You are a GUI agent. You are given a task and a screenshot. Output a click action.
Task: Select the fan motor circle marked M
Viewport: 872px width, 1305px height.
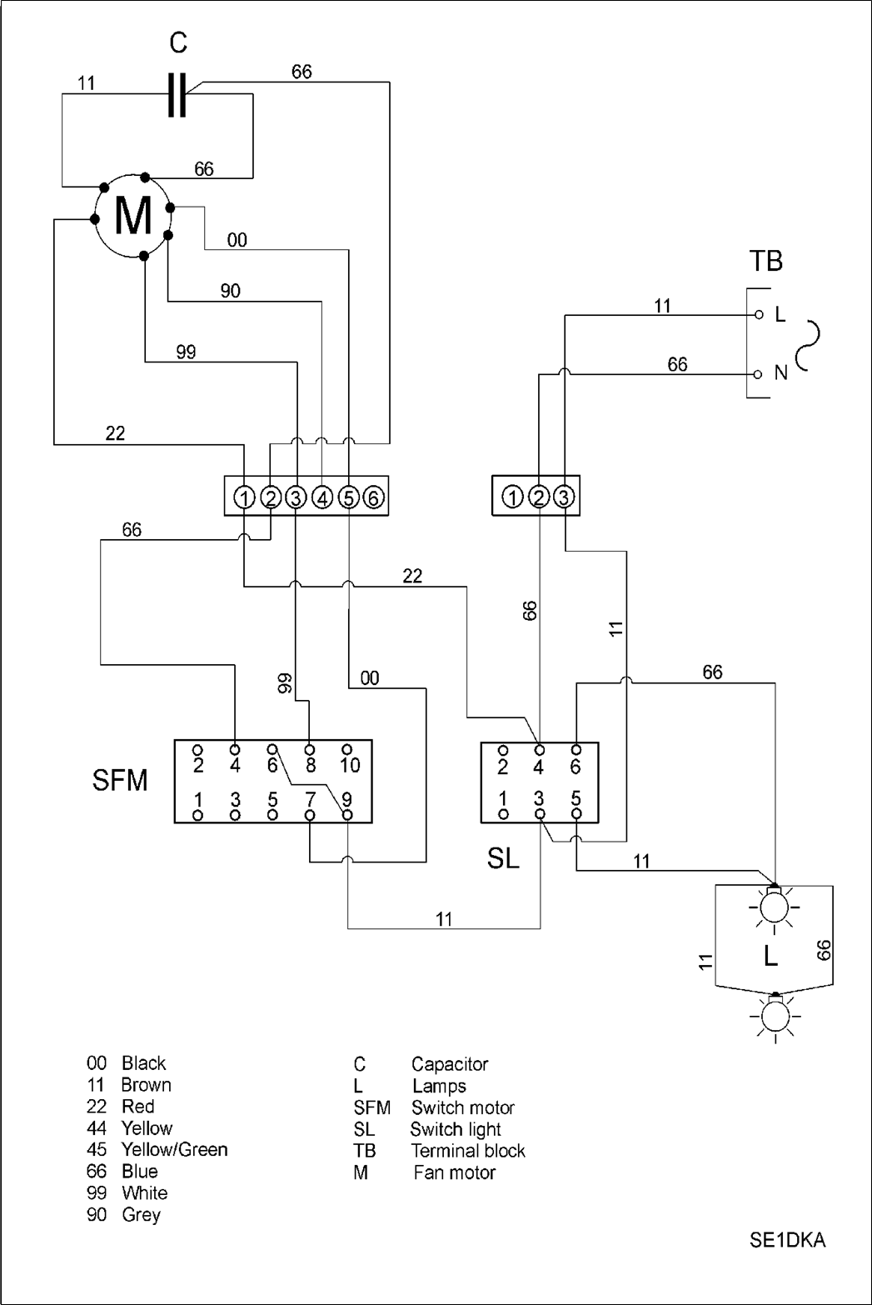(x=133, y=215)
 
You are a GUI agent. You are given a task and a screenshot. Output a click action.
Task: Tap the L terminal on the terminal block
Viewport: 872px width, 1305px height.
(x=758, y=315)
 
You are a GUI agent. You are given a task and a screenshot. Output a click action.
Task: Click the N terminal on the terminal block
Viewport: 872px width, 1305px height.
(x=758, y=373)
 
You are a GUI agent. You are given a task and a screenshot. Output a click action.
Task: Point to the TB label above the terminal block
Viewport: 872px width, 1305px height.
(x=765, y=262)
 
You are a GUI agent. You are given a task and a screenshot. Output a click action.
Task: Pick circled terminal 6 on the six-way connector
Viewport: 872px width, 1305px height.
(x=374, y=498)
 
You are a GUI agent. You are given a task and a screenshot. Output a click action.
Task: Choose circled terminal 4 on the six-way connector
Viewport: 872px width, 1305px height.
(x=322, y=498)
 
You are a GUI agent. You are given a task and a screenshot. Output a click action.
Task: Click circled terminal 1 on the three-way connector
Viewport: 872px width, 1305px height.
(x=513, y=498)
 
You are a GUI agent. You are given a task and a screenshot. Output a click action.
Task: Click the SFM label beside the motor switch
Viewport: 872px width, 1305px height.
(x=120, y=781)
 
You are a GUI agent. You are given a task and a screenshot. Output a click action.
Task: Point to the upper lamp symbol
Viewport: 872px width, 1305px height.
(x=775, y=906)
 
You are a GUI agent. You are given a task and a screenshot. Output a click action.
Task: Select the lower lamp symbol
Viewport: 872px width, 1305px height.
(x=775, y=1016)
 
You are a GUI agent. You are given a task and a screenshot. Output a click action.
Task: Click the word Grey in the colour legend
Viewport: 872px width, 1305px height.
(x=141, y=1215)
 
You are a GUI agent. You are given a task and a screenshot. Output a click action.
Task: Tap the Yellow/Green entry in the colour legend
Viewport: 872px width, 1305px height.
(x=174, y=1150)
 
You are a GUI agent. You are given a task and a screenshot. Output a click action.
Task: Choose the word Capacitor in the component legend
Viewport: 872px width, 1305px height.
(x=450, y=1064)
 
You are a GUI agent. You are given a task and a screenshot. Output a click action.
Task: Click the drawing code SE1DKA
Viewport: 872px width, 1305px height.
(x=787, y=1241)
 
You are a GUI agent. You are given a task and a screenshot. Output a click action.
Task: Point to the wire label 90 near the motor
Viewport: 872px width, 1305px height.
(x=231, y=291)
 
